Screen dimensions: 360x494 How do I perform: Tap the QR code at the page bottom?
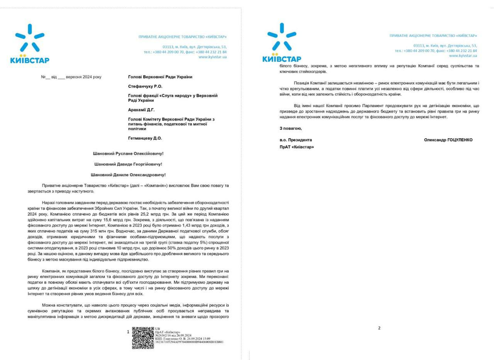pos(143,338)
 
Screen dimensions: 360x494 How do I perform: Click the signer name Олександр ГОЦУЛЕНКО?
pos(448,140)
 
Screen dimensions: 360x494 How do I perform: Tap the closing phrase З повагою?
pos(289,128)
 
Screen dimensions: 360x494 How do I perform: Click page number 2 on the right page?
pos(379,328)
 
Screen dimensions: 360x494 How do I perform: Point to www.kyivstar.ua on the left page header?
pos(212,57)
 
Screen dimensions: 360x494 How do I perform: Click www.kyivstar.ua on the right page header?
pos(462,56)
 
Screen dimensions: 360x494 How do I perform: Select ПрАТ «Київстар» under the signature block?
pos(296,147)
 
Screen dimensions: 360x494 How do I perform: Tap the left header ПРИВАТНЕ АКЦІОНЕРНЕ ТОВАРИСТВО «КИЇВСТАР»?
pos(183,37)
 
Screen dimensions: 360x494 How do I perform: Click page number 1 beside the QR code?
pos(128,332)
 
